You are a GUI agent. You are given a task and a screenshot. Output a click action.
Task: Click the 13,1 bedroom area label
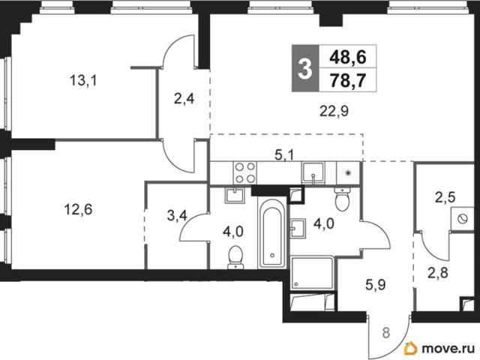pos(83,81)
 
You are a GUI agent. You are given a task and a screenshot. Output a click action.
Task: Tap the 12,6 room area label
pos(78,210)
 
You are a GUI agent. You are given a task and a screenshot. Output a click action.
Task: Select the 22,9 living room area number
pos(334,112)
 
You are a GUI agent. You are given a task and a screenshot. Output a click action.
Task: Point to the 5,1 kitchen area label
pos(284,155)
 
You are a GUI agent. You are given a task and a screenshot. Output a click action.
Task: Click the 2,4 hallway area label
pos(184,99)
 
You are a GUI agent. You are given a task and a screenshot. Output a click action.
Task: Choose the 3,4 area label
pos(177,216)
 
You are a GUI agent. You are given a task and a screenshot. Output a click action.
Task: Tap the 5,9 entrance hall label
pos(375,285)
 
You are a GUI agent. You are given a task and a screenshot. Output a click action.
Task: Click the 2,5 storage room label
pos(445,197)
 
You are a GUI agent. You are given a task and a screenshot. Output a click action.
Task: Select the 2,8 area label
pos(438,272)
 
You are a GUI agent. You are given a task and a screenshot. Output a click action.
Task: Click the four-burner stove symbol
pos(245,172)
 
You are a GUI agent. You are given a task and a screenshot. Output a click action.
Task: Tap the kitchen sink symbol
pos(313,173)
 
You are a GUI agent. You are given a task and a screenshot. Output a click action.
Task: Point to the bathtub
pos(272,233)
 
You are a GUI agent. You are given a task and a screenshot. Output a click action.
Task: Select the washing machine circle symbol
pos(462,219)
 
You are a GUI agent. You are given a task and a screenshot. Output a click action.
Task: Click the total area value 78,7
pos(348,80)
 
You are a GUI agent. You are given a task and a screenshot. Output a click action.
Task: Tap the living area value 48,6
pos(348,57)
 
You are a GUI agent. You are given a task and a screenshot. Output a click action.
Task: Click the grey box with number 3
pos(305,68)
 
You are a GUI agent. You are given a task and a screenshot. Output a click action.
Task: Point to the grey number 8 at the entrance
pos(386,333)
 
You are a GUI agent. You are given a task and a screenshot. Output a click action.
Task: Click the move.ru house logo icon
pos(410,348)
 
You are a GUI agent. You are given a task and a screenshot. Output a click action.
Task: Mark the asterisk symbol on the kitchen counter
pos(347,173)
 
